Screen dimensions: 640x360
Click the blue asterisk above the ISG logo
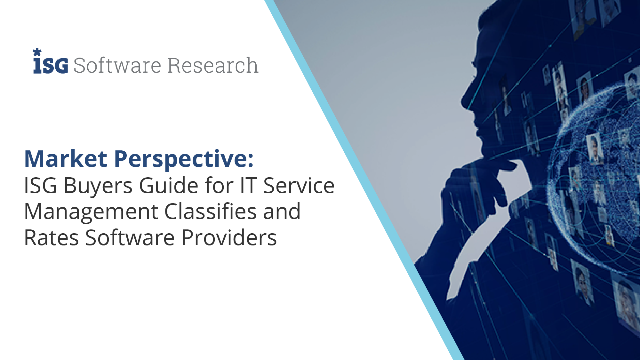pyautogui.click(x=37, y=52)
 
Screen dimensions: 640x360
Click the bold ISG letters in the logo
pyautogui.click(x=51, y=66)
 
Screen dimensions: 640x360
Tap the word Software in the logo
pyautogui.click(x=117, y=65)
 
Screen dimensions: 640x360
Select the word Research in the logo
pyautogui.click(x=213, y=65)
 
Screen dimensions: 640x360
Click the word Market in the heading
pyautogui.click(x=66, y=159)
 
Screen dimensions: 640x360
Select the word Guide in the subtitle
pyautogui.click(x=169, y=185)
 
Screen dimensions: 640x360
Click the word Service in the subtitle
pyautogui.click(x=299, y=186)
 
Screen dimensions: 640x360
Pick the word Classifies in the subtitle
pyautogui.click(x=211, y=212)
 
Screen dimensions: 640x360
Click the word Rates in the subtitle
pyautogui.click(x=52, y=238)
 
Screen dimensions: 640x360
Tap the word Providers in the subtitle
pyautogui.click(x=229, y=238)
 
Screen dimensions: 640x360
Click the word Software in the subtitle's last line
pyautogui.click(x=130, y=238)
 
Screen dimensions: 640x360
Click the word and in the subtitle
pyautogui.click(x=282, y=212)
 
